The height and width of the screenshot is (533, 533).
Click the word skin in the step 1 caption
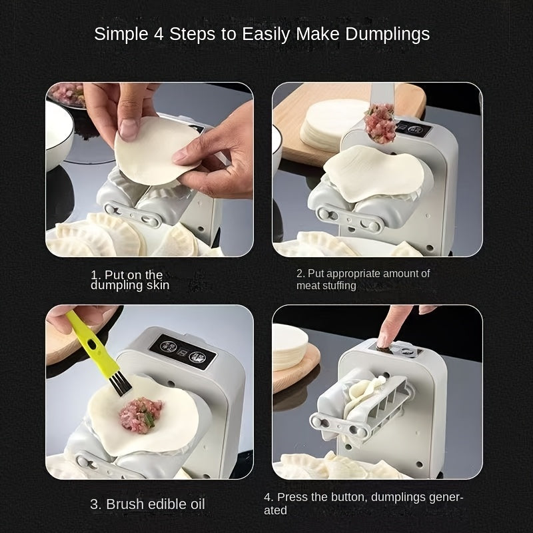(x=156, y=285)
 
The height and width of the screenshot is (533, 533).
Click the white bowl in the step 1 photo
(x=58, y=134)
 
